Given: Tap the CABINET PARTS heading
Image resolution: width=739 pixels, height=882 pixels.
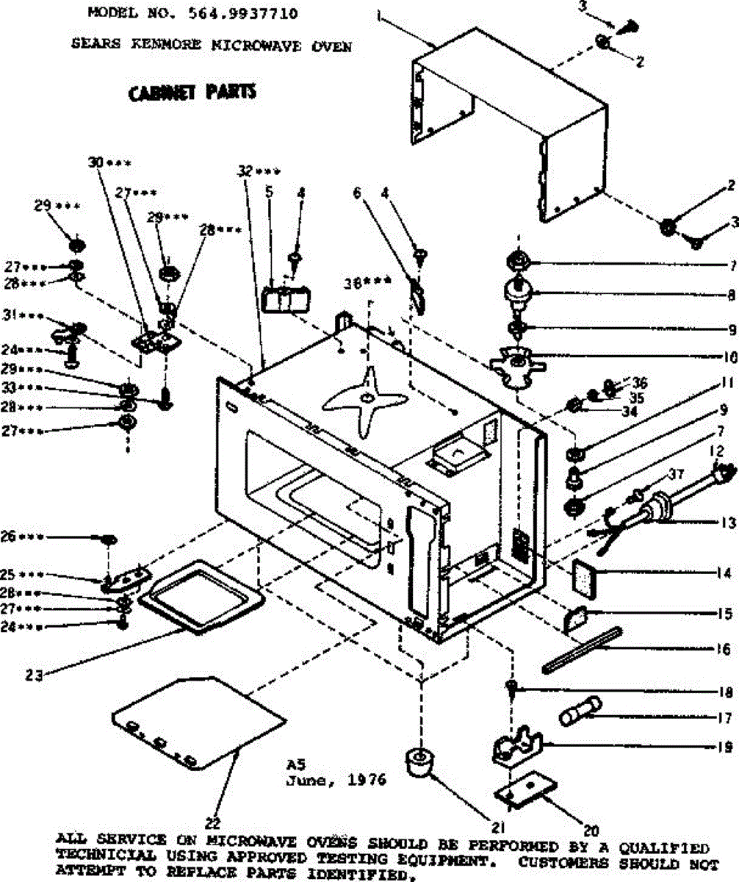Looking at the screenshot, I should (x=192, y=93).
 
